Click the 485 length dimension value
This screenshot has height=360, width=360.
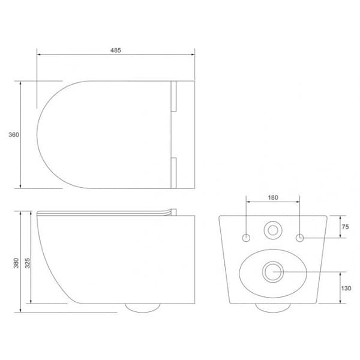[116, 50]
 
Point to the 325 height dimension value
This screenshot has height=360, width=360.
[27, 262]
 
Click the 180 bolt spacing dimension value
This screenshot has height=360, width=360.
[273, 197]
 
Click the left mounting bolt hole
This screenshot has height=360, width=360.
[246, 238]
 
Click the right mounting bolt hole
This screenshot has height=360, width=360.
[300, 238]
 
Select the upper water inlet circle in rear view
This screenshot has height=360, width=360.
[273, 229]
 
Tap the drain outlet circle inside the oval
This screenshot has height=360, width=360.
[273, 271]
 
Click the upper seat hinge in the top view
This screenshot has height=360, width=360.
[174, 96]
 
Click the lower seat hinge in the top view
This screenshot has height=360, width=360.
[174, 172]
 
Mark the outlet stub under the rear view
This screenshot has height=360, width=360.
[273, 307]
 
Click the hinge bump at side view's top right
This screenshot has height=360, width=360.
[175, 211]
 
